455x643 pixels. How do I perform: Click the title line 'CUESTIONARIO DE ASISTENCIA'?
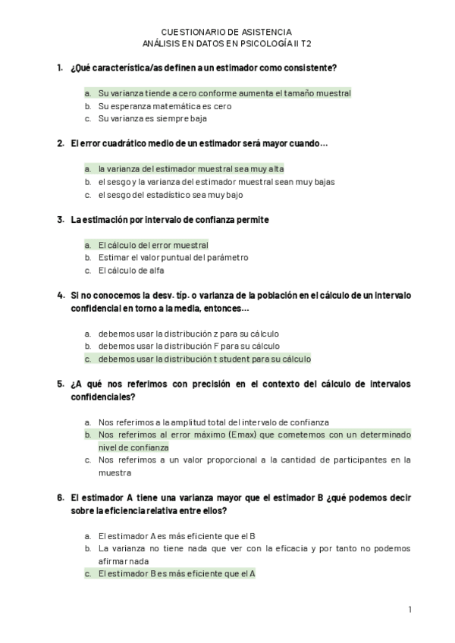click(226, 32)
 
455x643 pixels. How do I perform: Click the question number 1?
click(60, 68)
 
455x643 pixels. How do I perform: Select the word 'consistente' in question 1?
click(309, 68)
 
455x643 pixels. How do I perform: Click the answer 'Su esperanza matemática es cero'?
click(165, 106)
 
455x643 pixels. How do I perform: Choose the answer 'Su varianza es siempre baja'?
click(152, 119)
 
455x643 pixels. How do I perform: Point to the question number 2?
click(60, 143)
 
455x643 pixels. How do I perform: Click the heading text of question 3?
click(170, 220)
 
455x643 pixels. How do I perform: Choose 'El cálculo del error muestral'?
click(152, 245)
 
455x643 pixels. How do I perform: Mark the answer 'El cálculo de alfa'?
click(131, 270)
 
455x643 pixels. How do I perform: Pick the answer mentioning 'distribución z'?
click(189, 334)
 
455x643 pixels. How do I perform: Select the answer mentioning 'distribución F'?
click(189, 346)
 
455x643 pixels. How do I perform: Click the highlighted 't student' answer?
click(204, 359)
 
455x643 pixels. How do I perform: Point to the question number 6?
click(60, 498)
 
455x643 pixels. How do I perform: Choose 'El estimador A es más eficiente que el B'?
click(177, 535)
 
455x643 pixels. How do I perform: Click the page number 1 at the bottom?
click(409, 609)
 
